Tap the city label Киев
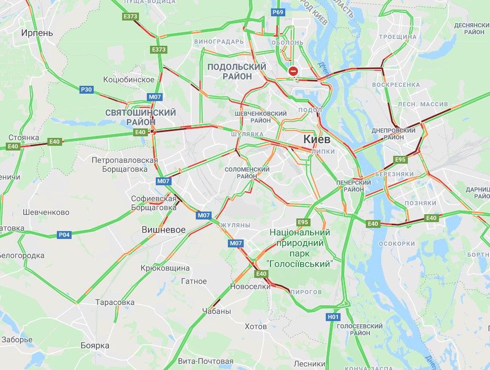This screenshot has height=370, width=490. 316,139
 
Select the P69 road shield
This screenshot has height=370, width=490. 278,11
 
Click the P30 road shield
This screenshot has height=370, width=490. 86,90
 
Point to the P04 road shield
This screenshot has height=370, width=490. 64,234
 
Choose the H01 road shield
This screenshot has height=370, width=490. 333,317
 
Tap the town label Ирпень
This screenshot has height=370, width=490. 37,33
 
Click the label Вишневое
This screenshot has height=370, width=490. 164,230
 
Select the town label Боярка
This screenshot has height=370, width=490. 95,345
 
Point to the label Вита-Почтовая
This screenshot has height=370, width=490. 205,361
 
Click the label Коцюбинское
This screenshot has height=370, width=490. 129,79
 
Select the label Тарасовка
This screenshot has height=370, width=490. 115,303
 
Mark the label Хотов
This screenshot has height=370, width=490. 256,326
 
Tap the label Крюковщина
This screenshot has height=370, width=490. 165,268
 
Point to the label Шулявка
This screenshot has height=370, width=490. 247,134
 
